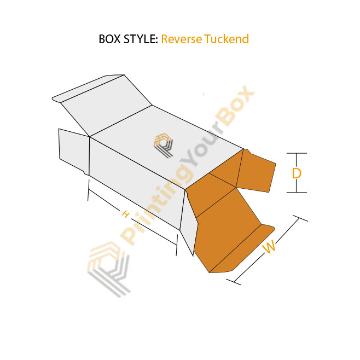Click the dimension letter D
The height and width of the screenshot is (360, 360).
(297, 173)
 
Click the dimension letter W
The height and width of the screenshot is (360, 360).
(269, 247)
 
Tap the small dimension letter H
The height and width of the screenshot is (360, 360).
(125, 214)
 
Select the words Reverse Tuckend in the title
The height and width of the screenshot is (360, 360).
(205, 39)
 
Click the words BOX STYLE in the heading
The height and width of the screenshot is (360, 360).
(128, 39)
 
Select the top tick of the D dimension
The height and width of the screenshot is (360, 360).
(297, 153)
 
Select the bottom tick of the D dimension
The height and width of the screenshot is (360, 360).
(297, 192)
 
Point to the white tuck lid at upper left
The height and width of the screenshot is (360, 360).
(104, 104)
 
